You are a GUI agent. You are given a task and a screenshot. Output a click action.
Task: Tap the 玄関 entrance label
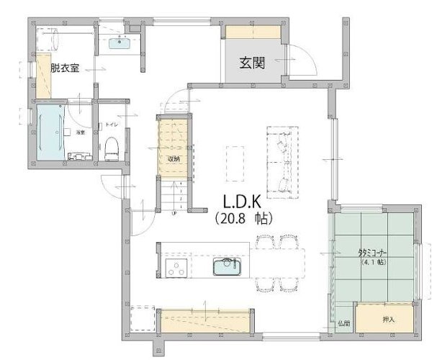[x=252, y=63]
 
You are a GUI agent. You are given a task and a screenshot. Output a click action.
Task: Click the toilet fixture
[x=111, y=149]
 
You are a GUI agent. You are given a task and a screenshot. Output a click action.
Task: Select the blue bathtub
[x=50, y=133]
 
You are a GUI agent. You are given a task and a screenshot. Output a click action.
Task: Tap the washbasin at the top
[x=120, y=42]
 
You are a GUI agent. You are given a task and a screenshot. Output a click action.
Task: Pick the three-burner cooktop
[x=176, y=268]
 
